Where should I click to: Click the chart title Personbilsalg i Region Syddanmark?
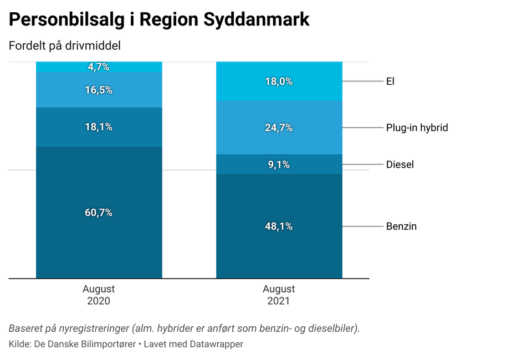pyautogui.click(x=159, y=20)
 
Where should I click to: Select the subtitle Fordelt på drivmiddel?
pyautogui.click(x=65, y=46)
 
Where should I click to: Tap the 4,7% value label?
pyautogui.click(x=99, y=67)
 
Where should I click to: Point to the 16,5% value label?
pyautogui.click(x=99, y=90)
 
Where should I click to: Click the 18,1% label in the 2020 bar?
pyautogui.click(x=99, y=127)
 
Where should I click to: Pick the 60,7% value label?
pyautogui.click(x=99, y=213)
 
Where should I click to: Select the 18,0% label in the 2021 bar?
pyautogui.click(x=279, y=81)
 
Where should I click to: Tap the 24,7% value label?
pyautogui.click(x=279, y=128)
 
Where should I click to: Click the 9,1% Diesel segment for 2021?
pyautogui.click(x=279, y=164)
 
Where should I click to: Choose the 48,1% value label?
pyautogui.click(x=279, y=227)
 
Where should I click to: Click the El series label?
pyautogui.click(x=390, y=81)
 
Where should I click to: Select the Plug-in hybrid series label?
pyautogui.click(x=417, y=128)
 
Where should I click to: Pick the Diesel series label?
pyautogui.click(x=400, y=164)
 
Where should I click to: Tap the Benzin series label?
pyautogui.click(x=401, y=227)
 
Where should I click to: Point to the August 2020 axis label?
pyautogui.click(x=99, y=295)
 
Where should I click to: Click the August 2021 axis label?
pyautogui.click(x=279, y=295)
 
